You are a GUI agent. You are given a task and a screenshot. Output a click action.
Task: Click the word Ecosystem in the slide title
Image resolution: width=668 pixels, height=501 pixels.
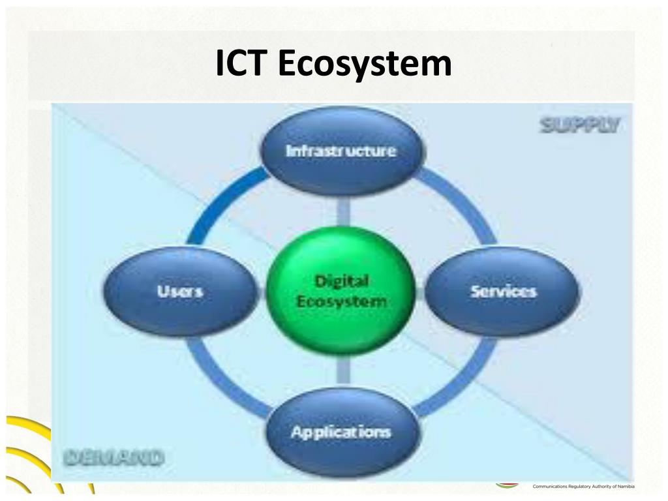click(x=365, y=65)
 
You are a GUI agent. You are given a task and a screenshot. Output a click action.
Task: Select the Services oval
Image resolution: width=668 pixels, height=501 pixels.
click(x=503, y=291)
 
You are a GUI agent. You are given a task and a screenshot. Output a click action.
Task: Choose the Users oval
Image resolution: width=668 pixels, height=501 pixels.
click(x=179, y=291)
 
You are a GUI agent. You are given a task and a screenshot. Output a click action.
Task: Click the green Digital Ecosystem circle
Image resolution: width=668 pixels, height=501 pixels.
click(x=341, y=291)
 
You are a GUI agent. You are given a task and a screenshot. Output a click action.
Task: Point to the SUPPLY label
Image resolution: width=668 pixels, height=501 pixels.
click(x=580, y=125)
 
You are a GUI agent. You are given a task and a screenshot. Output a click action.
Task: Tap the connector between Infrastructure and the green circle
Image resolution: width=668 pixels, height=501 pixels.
click(x=343, y=210)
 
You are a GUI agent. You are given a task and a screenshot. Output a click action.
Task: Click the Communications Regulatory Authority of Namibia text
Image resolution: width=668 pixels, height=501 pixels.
click(x=583, y=487)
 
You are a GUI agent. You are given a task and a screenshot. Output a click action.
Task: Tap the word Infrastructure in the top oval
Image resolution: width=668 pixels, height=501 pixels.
click(x=341, y=151)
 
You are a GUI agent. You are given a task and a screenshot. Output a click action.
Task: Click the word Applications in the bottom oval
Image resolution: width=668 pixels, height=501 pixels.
click(x=341, y=432)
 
